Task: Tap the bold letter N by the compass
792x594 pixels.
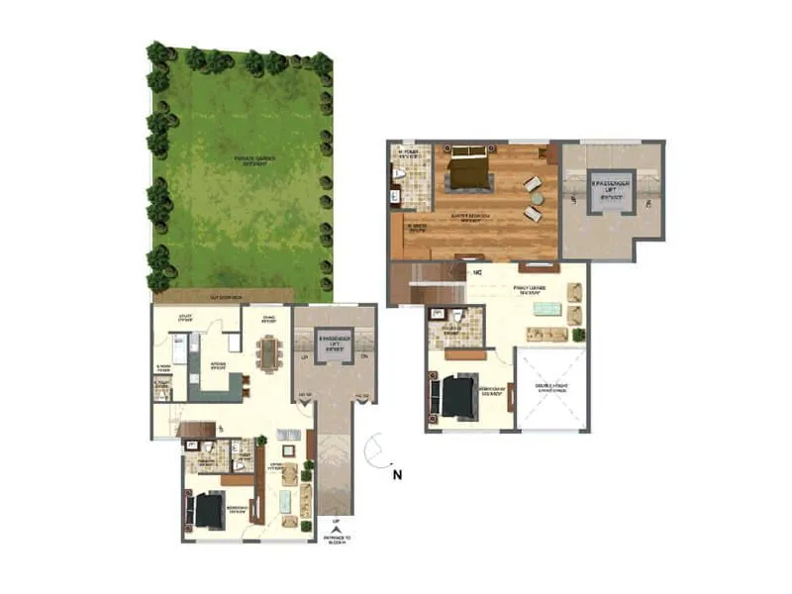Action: coord(396,474)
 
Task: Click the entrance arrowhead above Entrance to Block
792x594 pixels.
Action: coord(336,528)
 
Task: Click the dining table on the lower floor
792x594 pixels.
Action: coord(269,350)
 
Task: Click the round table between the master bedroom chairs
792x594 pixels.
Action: coord(534,198)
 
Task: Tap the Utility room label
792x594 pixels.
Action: coord(184,319)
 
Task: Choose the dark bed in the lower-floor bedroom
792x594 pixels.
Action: coord(209,511)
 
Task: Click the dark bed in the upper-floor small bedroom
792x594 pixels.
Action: coord(457,398)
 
